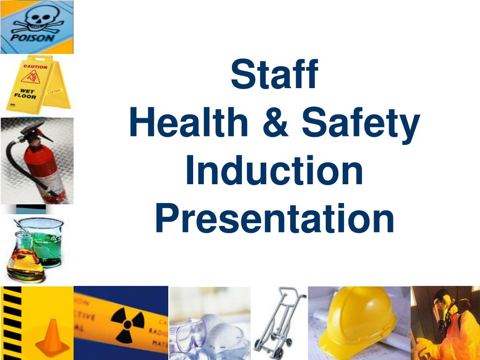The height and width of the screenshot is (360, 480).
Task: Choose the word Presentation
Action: (274, 218)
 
